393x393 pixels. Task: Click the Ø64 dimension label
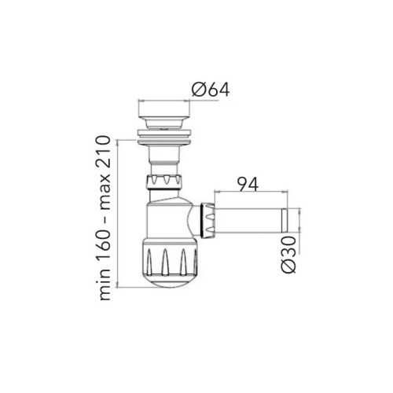pyautogui.click(x=211, y=90)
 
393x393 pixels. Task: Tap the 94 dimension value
pyautogui.click(x=248, y=184)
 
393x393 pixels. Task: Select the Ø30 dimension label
pyautogui.click(x=288, y=255)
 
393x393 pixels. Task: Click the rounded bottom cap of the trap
pyautogui.click(x=170, y=281)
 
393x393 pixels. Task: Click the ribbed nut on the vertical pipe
pyautogui.click(x=164, y=182)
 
